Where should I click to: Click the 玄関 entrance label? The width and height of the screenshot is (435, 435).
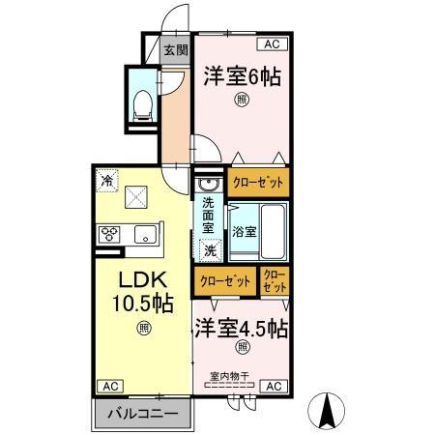(174, 50)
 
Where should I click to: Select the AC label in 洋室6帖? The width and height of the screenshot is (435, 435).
(271, 44)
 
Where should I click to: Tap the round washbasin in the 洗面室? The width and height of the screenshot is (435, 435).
(206, 184)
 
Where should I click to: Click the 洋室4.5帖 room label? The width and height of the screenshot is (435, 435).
(242, 327)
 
